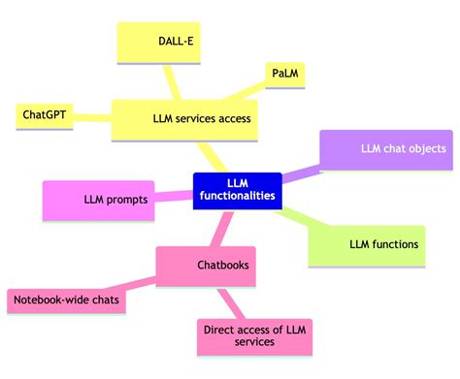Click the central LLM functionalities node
click(x=238, y=189)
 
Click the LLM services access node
click(x=202, y=119)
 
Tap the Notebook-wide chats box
click(x=65, y=301)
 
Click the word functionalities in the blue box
click(x=238, y=197)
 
